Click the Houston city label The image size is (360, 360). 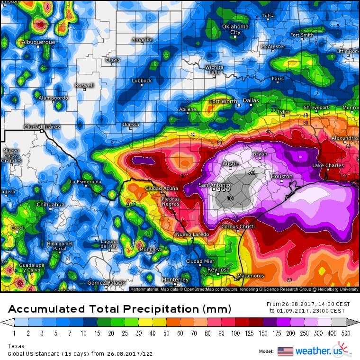coord(281,176)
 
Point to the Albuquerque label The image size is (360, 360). coord(39,42)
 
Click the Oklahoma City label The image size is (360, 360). coord(235,29)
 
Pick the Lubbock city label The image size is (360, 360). coord(142,81)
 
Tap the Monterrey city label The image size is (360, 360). coord(175,279)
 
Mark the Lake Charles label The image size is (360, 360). coord(328,165)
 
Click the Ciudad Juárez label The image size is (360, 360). coord(42,127)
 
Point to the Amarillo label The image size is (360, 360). coord(142,39)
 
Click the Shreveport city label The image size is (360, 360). coord(316,108)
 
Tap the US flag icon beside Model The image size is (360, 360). coord(285,351)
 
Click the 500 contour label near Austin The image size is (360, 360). coord(252,172)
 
